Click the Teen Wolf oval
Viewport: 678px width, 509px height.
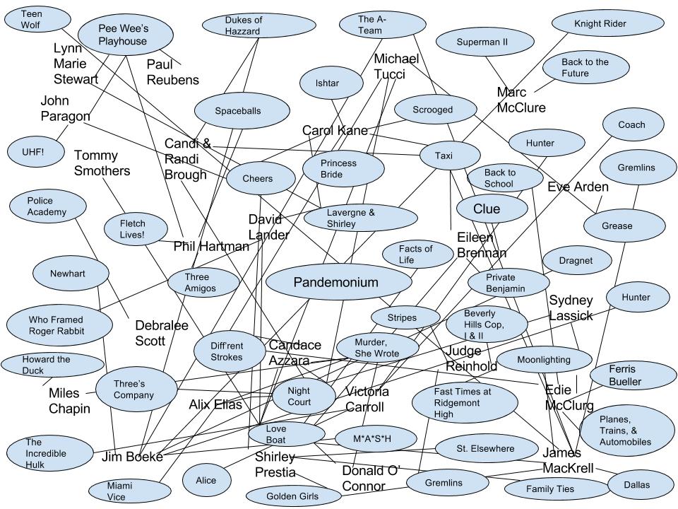32,19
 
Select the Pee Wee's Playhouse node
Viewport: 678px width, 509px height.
123,34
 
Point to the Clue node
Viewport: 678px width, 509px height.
492,209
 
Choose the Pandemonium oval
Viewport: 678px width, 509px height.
335,283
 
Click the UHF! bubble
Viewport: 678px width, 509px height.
32,151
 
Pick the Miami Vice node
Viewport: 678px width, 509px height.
119,490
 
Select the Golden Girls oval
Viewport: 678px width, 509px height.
292,496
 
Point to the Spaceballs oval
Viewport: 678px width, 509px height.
242,111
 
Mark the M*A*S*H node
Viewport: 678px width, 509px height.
372,440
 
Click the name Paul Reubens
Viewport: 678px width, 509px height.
172,72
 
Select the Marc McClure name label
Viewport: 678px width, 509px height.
521,100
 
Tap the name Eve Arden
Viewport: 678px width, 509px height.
578,187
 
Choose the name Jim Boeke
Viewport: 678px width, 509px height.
132,457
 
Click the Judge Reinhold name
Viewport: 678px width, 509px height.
471,358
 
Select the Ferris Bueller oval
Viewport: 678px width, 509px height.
625,375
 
